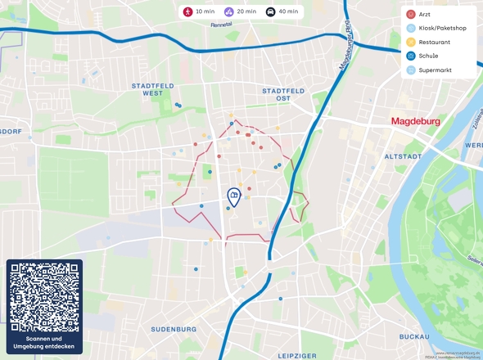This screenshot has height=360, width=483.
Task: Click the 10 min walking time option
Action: click(199, 12)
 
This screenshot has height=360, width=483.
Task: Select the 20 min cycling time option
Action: click(240, 12)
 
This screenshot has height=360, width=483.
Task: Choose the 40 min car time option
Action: click(282, 12)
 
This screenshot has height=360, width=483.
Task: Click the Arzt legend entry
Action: click(423, 15)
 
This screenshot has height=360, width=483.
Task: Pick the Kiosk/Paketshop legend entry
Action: click(437, 28)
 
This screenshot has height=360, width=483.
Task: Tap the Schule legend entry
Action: click(427, 56)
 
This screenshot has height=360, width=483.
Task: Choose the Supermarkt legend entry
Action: click(434, 70)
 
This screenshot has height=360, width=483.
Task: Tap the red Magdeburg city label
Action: click(415, 122)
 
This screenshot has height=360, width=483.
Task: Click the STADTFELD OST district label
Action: click(283, 93)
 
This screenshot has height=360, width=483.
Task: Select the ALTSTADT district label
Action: click(403, 155)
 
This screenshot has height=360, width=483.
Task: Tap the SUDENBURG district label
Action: click(174, 329)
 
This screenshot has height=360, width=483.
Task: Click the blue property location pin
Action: click(233, 196)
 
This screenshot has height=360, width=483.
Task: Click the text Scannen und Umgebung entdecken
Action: click(44, 343)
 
